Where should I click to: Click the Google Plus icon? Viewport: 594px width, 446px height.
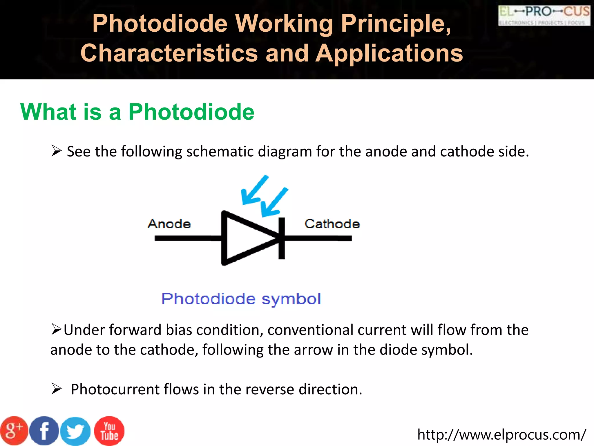coord(14,431)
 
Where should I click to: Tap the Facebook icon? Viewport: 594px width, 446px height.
coord(44,431)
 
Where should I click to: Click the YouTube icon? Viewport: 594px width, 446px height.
coord(109,431)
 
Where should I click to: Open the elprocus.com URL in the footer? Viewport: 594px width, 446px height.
coord(501,435)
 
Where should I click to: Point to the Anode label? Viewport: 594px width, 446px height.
coord(169,224)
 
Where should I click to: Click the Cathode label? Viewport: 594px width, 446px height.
coord(332,224)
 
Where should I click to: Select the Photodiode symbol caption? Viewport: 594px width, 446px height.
coord(241,299)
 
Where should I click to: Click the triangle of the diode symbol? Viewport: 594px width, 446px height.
coord(244,238)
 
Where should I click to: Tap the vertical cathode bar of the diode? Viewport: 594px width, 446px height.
coord(281,238)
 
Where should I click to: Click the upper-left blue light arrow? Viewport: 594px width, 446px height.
coord(254,190)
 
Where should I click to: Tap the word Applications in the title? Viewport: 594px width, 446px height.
coord(389,53)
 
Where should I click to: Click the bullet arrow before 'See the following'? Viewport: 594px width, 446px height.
coord(56,151)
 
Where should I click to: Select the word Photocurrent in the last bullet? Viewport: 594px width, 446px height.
coord(115,389)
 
